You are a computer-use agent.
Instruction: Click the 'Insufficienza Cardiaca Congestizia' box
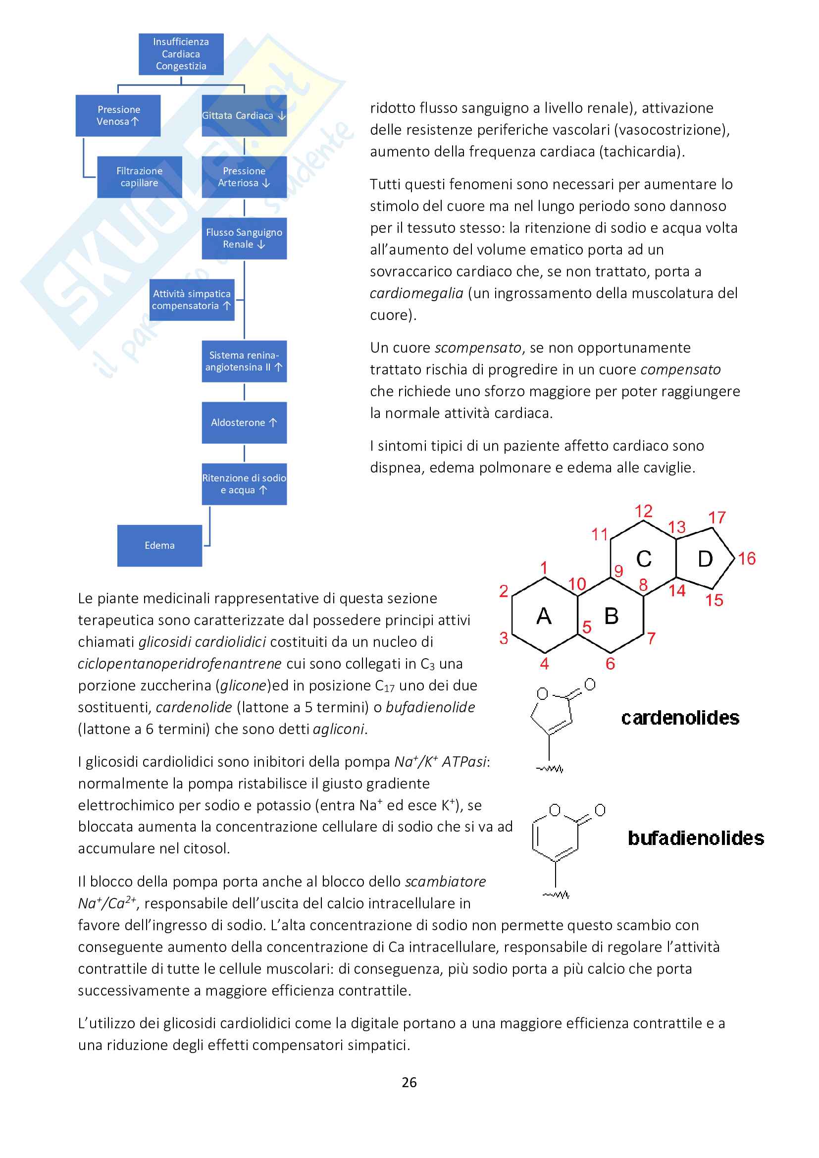coord(181,54)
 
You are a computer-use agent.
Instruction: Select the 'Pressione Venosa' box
coord(118,115)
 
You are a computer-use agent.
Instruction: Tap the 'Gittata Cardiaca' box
coord(244,115)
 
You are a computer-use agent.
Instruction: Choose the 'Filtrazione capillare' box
coord(139,177)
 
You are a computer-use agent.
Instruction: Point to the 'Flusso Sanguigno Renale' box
coord(244,239)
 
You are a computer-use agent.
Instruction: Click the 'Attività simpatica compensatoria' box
coord(192,300)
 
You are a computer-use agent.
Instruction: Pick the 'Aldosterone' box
coord(244,422)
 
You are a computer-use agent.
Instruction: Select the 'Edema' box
coord(159,546)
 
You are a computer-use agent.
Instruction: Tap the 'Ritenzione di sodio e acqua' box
coord(244,484)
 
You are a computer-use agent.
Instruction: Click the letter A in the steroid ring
coord(544,616)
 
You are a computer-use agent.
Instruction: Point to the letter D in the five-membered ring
coord(705,559)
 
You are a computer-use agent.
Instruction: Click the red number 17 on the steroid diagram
coord(717,518)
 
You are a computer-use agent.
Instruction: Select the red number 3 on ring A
coord(503,638)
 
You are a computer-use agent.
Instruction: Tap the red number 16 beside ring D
coord(747,559)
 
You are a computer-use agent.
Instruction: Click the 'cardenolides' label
coord(680,718)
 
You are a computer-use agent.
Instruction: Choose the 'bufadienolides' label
coord(695,838)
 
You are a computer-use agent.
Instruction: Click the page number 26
coord(409,1082)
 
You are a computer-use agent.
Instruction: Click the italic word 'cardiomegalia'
coord(416,294)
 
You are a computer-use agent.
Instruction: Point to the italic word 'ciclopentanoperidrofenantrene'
coord(180,664)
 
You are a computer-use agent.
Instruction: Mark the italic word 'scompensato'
coord(477,348)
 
